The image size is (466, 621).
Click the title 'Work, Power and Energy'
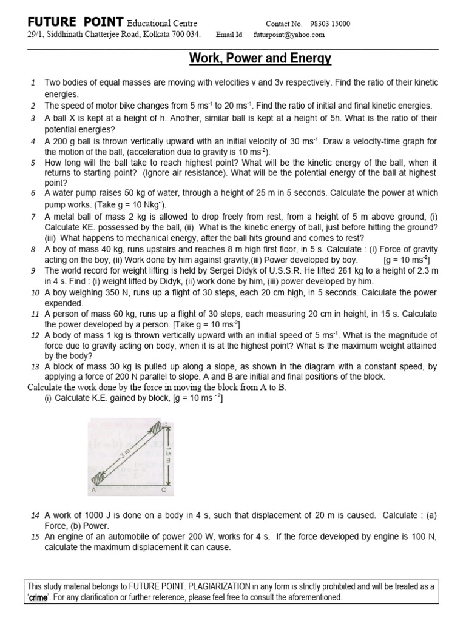[x=260, y=59]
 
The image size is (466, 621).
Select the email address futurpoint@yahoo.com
[x=289, y=35]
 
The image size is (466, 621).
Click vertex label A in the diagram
[x=93, y=489]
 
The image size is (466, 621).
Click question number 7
[x=33, y=217]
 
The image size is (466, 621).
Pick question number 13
[x=35, y=367]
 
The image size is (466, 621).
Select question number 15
[x=35, y=537]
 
